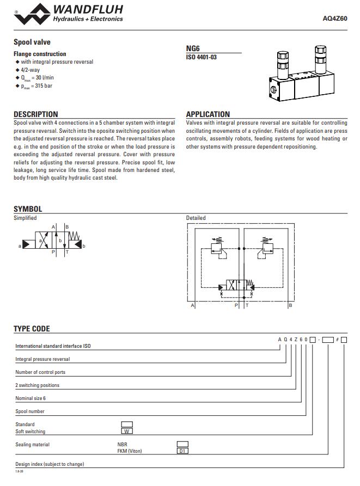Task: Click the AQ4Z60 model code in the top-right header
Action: tap(335, 18)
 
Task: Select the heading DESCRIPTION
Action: tap(35, 114)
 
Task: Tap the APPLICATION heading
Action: tap(208, 114)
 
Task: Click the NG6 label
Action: tap(193, 48)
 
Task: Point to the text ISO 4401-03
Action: tap(201, 57)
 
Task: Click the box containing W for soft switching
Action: tap(126, 432)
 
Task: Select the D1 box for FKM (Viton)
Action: tap(182, 451)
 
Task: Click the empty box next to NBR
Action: tap(182, 444)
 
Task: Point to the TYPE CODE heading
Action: tap(32, 329)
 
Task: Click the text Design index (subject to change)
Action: tap(50, 464)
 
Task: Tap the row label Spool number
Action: tap(30, 411)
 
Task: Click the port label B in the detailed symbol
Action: tap(290, 306)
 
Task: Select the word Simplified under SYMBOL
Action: tap(25, 218)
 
